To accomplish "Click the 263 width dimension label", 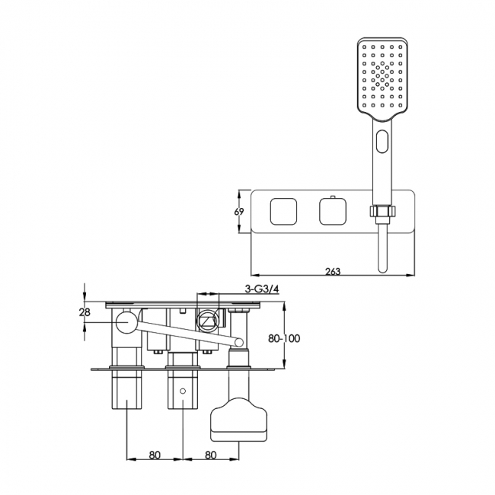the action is point(333,271).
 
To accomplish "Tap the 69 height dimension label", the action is point(239,212).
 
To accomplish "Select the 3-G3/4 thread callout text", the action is point(262,289).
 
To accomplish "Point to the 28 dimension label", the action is point(85,312).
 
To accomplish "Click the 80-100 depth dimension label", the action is point(284,338).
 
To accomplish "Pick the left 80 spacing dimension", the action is point(155,455).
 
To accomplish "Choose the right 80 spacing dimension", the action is point(211,455).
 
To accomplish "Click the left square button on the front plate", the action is point(283,212).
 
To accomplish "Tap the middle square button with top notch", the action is point(333,211).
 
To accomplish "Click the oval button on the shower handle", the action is point(382,142).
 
